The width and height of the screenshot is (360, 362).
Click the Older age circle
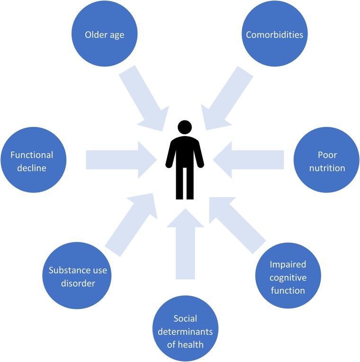click(x=105, y=34)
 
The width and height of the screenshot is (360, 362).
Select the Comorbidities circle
click(x=275, y=34)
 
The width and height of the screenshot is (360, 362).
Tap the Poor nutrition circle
click(x=326, y=160)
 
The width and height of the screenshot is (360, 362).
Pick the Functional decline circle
click(x=34, y=160)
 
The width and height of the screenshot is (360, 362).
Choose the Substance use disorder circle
click(x=77, y=275)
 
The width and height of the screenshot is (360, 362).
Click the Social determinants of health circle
click(x=186, y=328)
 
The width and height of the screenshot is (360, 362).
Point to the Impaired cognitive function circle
click(x=288, y=275)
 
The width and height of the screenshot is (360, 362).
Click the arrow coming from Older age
click(x=144, y=99)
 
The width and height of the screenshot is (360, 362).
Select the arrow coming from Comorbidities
click(x=227, y=98)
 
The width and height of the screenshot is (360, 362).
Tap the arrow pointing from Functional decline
click(x=121, y=160)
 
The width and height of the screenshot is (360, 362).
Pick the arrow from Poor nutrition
click(x=248, y=160)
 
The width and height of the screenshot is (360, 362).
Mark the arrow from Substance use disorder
click(x=131, y=225)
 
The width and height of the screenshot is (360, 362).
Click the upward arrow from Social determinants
click(x=185, y=244)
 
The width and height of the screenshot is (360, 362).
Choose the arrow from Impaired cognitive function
click(x=238, y=226)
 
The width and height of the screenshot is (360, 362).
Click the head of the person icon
click(x=185, y=127)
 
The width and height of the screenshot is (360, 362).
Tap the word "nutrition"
click(x=327, y=168)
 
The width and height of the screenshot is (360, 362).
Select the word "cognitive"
click(x=288, y=278)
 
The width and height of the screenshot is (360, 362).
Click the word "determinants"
click(x=185, y=332)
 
